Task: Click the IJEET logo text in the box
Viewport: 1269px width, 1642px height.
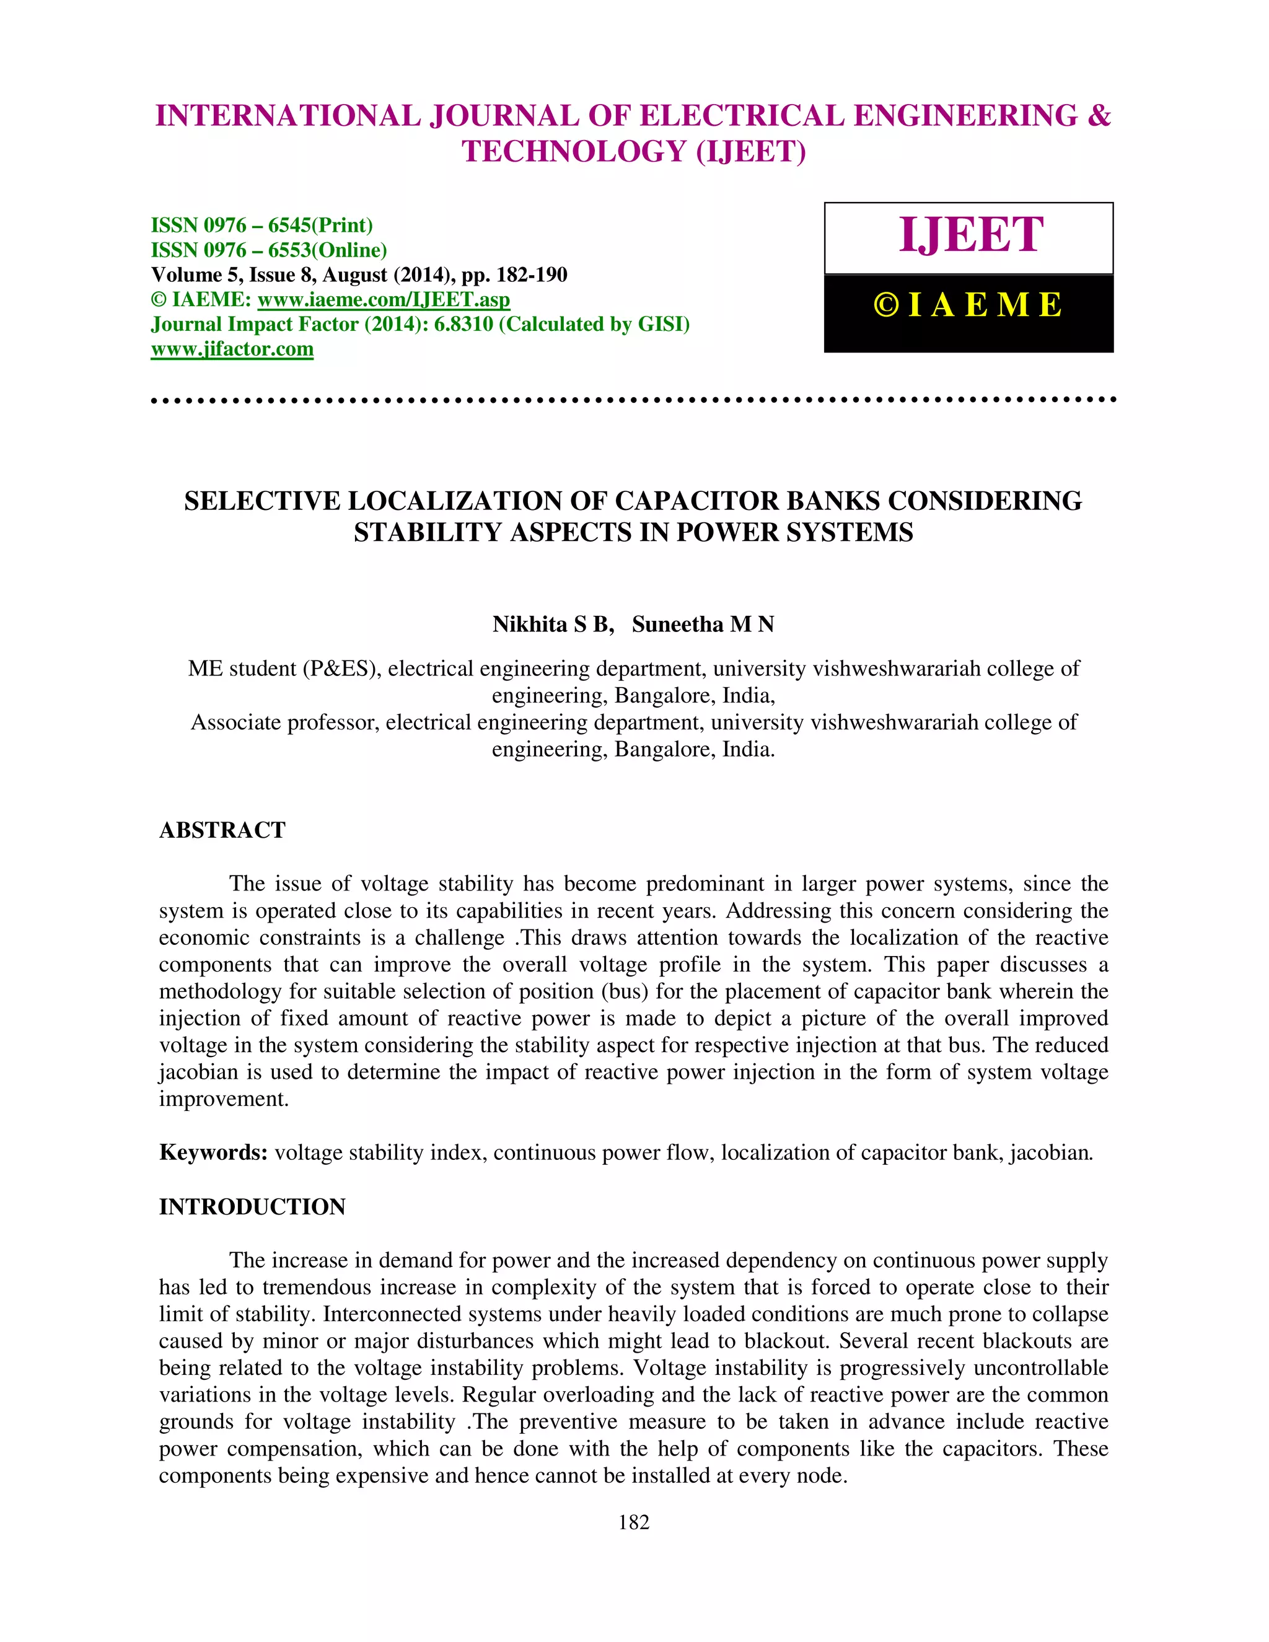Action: coord(970,235)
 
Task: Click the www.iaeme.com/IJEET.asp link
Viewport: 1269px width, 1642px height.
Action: coord(384,299)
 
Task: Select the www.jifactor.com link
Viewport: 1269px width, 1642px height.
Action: coord(232,349)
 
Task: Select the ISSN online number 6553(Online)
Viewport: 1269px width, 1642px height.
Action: coord(327,250)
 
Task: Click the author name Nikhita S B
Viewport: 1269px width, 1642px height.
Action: coord(553,624)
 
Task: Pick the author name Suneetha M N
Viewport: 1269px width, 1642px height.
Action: coord(703,624)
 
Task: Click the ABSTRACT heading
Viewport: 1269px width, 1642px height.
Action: coord(222,830)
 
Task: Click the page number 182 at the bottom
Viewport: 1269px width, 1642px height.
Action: coord(633,1522)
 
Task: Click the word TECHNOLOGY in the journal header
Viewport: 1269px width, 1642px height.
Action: coord(574,152)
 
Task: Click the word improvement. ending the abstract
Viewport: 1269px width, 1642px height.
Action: coord(224,1099)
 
